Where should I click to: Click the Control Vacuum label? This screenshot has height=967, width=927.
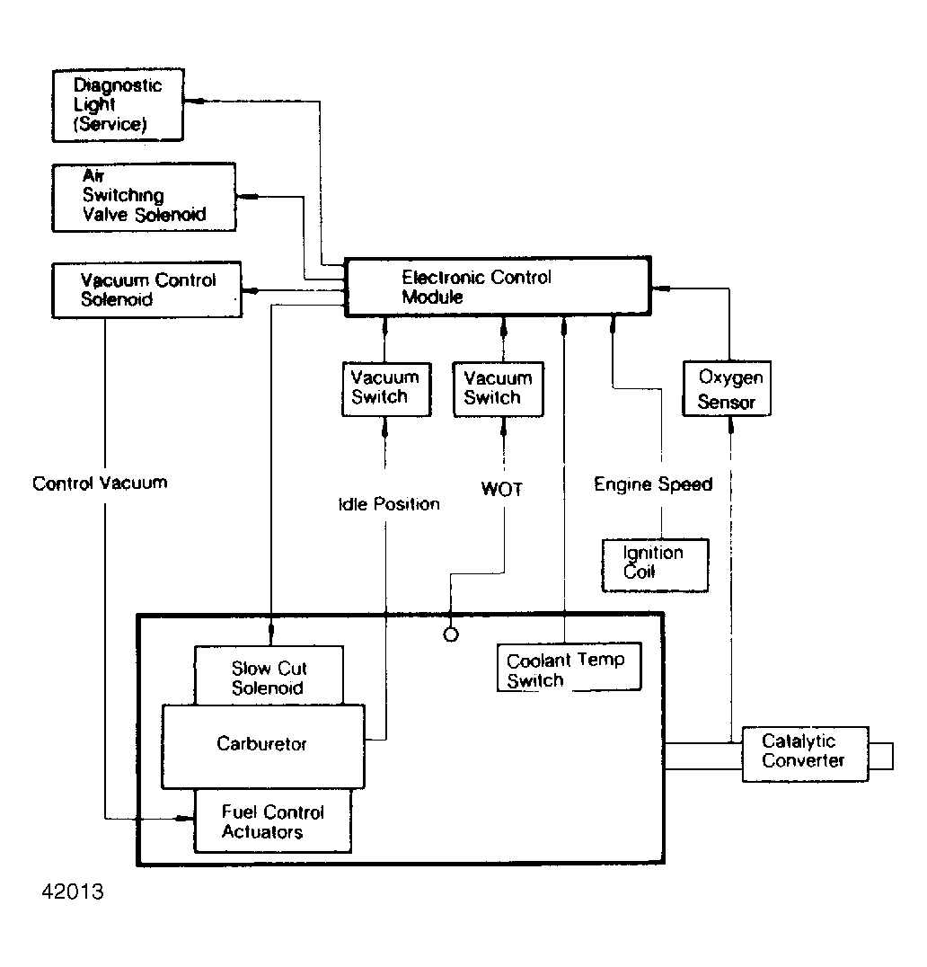tap(100, 483)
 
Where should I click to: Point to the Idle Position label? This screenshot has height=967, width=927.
tap(389, 504)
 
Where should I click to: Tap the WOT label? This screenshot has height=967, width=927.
tap(502, 489)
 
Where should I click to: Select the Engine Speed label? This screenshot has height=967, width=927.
tap(653, 484)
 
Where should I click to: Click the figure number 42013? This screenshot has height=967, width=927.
tap(73, 892)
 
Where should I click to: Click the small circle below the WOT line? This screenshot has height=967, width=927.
tap(451, 634)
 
